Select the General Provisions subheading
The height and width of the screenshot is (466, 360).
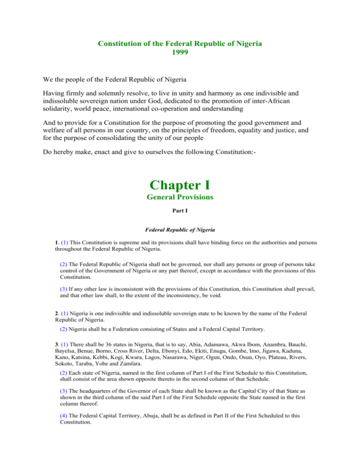(180, 197)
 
